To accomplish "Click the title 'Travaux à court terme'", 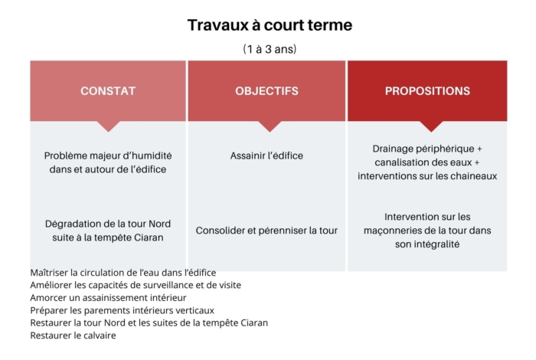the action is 270,25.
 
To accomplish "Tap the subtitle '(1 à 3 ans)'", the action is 270,49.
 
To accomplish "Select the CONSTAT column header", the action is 108,91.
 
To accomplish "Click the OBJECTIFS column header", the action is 266,91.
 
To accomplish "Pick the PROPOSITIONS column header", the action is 427,91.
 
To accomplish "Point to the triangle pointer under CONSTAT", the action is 109,126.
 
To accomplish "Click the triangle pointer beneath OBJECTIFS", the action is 270,126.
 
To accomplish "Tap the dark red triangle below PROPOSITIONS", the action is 431,126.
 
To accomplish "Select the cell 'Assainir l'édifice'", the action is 266,156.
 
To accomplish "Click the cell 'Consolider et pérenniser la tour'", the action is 266,231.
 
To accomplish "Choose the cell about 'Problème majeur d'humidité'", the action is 108,162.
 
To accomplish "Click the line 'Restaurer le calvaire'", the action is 74,335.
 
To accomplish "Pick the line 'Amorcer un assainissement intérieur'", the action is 109,298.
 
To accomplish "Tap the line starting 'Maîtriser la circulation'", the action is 123,273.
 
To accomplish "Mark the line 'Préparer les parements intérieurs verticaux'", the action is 122,310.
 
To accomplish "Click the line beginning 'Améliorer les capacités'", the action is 136,285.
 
